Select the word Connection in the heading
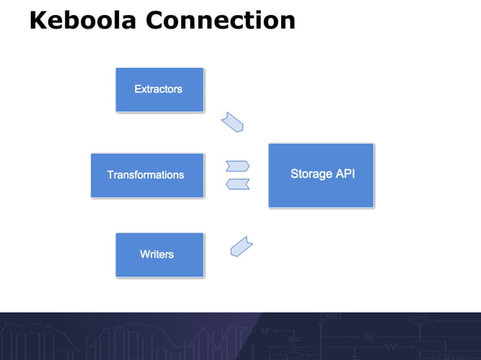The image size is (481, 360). pyautogui.click(x=220, y=20)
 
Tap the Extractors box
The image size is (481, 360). pyautogui.click(x=159, y=90)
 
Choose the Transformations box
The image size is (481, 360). pyautogui.click(x=147, y=175)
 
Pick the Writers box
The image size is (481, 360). pyautogui.click(x=159, y=255)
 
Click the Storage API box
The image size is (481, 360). pyautogui.click(x=321, y=175)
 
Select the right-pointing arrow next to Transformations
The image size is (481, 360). pyautogui.click(x=237, y=166)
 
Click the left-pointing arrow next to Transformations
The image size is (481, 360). pyautogui.click(x=237, y=184)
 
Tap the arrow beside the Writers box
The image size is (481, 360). pyautogui.click(x=240, y=246)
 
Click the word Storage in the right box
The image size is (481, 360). pyautogui.click(x=311, y=174)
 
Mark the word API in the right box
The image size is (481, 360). pyautogui.click(x=345, y=174)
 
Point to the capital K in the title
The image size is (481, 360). pyautogui.click(x=38, y=20)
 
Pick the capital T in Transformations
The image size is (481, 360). pyautogui.click(x=110, y=175)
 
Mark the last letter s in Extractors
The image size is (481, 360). pyautogui.click(x=179, y=90)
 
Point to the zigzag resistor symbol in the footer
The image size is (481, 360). pyautogui.click(x=391, y=347)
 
